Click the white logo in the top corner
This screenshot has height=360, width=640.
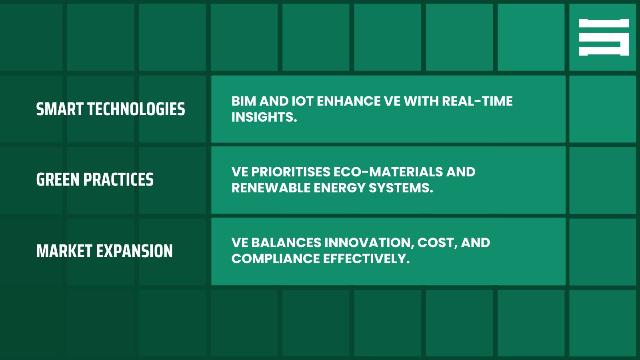(x=604, y=37)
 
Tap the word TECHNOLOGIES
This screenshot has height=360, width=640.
(x=136, y=109)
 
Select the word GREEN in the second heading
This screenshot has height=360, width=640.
(x=58, y=180)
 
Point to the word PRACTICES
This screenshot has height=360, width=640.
(x=118, y=180)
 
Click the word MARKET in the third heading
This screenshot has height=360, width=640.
(x=64, y=251)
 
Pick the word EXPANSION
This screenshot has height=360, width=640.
(x=134, y=251)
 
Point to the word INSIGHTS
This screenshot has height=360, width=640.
(x=264, y=117)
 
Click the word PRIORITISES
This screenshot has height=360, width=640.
(x=291, y=172)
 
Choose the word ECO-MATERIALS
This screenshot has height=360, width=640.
(x=388, y=172)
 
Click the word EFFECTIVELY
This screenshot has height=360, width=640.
(x=366, y=259)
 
